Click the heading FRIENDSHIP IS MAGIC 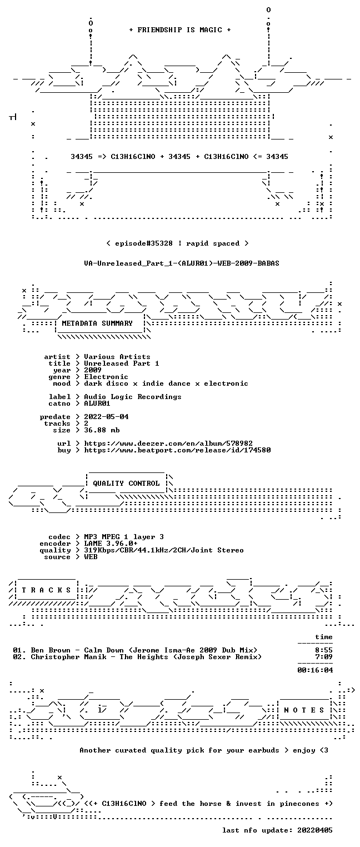tap(179, 30)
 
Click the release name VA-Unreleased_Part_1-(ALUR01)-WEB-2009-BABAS tap(182, 263)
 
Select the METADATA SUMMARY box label tap(97, 323)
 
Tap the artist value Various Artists tap(117, 357)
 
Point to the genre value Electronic tap(106, 377)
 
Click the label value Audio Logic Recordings tap(132, 397)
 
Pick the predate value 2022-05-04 tap(106, 417)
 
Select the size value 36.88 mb tap(102, 430)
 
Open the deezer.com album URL tap(168, 443)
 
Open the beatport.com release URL tap(177, 450)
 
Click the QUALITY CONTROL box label tap(126, 483)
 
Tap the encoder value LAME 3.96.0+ tap(111, 544)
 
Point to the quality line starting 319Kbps tap(164, 550)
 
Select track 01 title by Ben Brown tap(144, 650)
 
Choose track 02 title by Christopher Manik tap(146, 657)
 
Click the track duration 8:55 tap(324, 650)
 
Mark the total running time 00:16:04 tap(315, 670)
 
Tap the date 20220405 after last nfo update tap(315, 830)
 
